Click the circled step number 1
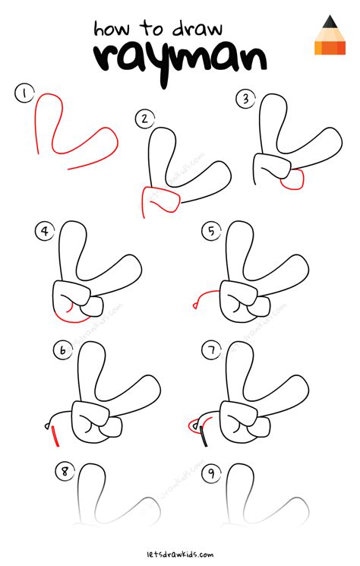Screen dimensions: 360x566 click(x=24, y=94)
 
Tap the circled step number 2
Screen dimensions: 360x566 click(x=145, y=119)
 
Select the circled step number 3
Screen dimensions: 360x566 click(x=245, y=99)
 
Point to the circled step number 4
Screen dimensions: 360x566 click(x=45, y=231)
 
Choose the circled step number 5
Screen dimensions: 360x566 click(x=211, y=231)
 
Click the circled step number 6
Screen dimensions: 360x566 click(x=63, y=350)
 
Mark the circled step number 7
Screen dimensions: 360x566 click(x=211, y=349)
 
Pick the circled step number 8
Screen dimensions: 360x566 click(x=65, y=472)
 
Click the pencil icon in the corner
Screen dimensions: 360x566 click(x=330, y=35)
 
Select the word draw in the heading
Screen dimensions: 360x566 click(x=197, y=29)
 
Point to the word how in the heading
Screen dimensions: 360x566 click(x=112, y=29)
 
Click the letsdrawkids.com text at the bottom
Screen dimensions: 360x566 click(x=180, y=554)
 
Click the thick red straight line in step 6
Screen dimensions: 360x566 click(x=55, y=436)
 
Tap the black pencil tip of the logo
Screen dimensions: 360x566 click(x=330, y=22)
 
